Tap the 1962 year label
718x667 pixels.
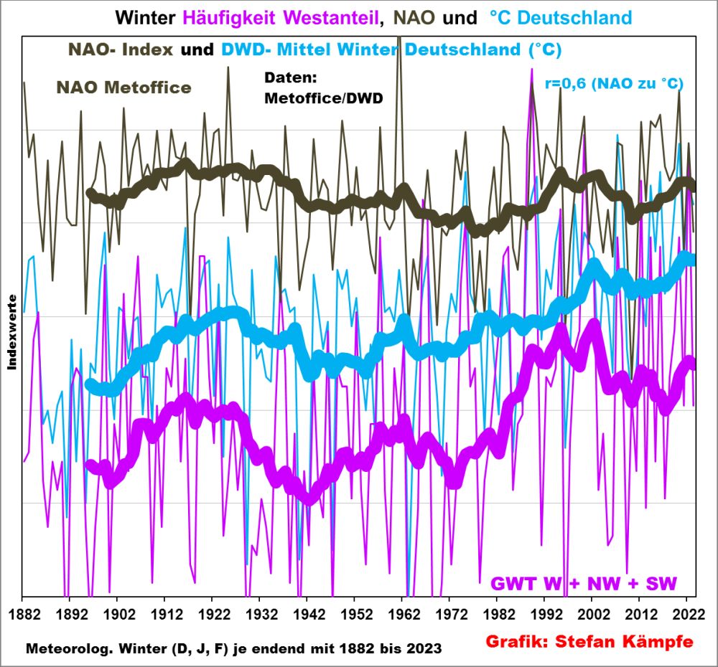(404, 615)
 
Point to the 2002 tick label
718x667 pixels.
(593, 615)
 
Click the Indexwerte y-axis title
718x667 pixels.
(12, 331)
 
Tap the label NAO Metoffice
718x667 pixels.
(123, 87)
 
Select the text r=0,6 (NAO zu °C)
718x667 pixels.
(614, 83)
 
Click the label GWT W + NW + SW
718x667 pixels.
(584, 582)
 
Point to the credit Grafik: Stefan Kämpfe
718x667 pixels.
(590, 641)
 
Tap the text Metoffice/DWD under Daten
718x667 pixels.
(323, 98)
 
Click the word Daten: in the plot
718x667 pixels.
(290, 77)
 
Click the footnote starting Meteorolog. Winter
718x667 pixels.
(233, 648)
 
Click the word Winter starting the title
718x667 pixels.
(140, 16)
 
